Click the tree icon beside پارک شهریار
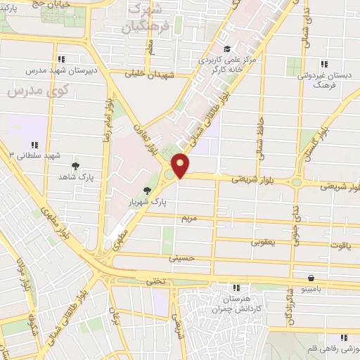(147, 191)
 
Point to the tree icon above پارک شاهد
(75, 166)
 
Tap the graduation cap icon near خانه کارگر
(227, 49)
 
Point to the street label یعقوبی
(265, 242)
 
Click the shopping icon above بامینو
(310, 278)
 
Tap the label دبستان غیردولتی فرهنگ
(325, 77)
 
